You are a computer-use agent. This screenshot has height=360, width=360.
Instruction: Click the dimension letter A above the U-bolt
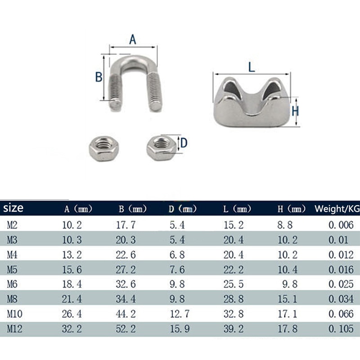[x=133, y=40]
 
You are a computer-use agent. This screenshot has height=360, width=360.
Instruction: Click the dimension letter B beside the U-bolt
[x=99, y=77]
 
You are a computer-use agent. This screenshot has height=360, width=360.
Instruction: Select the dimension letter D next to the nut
[x=184, y=144]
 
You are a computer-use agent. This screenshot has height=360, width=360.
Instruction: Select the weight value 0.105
[x=341, y=329]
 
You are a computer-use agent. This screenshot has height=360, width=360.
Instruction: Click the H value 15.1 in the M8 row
[x=288, y=299]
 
